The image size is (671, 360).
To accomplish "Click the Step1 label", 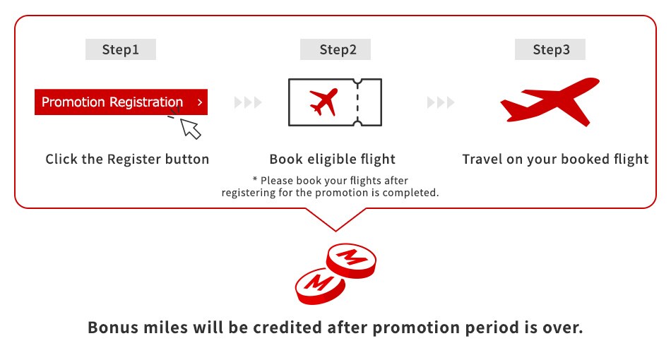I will (x=121, y=49).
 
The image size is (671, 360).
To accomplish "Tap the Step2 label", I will (x=335, y=49).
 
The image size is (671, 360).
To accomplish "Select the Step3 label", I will (x=550, y=49).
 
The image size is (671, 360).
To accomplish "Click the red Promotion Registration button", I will (x=113, y=102).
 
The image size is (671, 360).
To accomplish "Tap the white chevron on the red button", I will (x=200, y=102).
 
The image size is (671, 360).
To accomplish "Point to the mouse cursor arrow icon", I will (x=190, y=127).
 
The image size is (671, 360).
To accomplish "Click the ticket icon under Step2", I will (x=335, y=103).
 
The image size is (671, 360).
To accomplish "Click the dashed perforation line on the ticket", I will (x=357, y=103).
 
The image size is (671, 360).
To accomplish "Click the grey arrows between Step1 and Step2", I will (x=248, y=103).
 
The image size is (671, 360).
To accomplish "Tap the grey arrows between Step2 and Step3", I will (x=441, y=103).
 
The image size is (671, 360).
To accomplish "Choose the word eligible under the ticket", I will (x=335, y=160).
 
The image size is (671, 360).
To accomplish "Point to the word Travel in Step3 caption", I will (x=482, y=160).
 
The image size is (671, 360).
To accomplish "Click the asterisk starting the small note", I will (x=254, y=181).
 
